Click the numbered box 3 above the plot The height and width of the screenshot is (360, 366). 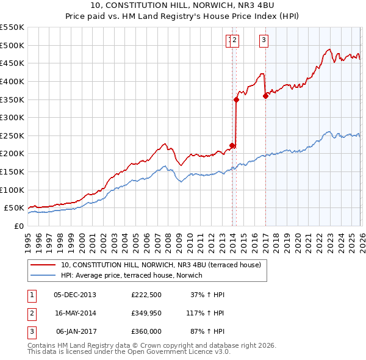[264, 41]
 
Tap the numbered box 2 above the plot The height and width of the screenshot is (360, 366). [235, 41]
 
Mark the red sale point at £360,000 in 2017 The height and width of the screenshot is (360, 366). [265, 95]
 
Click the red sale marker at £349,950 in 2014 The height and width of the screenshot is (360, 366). [236, 99]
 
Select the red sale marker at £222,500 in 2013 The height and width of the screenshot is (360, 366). [232, 145]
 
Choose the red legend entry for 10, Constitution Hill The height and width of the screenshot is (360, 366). [160, 265]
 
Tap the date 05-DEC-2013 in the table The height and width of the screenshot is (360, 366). [74, 295]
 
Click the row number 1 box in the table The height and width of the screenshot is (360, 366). [32, 295]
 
